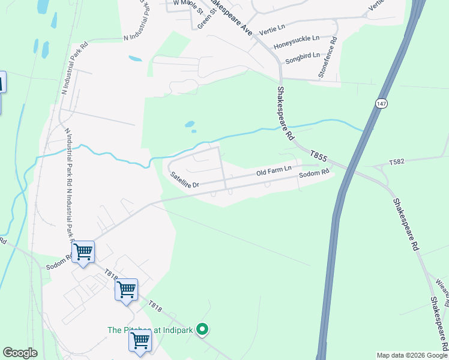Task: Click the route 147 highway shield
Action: [382, 104]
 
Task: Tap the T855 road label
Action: [319, 157]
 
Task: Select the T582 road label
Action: [397, 162]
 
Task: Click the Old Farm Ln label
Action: [274, 172]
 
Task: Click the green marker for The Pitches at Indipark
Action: [203, 329]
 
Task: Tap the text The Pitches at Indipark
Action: [151, 329]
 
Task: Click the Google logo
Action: [20, 353]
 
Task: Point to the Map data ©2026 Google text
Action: [411, 355]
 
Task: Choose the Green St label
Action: [205, 17]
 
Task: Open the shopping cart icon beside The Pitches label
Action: [140, 341]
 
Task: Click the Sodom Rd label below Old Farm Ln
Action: [315, 175]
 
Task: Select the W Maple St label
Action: [185, 3]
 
